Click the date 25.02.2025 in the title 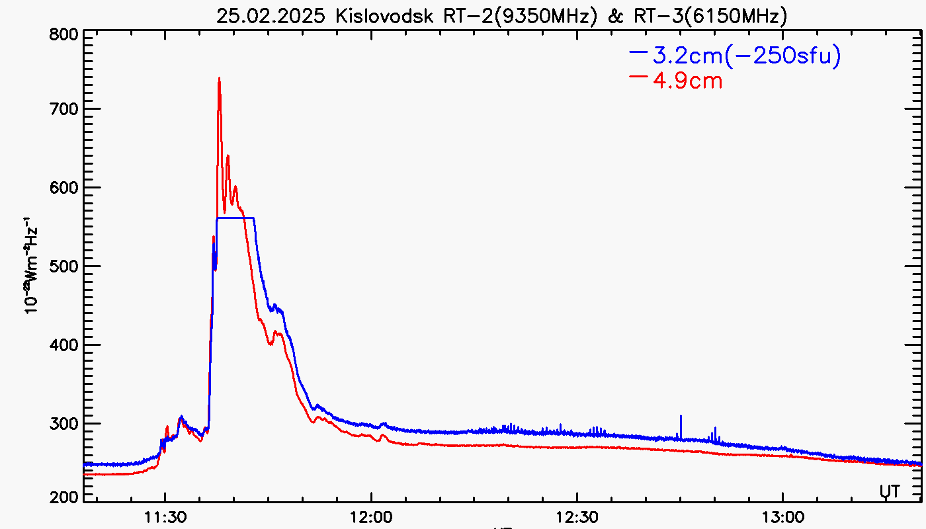coord(272,16)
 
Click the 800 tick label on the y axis coord(64,34)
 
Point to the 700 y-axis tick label coord(64,109)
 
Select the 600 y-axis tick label coord(64,188)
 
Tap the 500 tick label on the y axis coord(64,266)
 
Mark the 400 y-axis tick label coord(64,345)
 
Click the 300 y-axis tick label coord(64,424)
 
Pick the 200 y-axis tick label coord(64,497)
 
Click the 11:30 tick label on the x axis coord(165,515)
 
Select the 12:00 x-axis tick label coord(370,515)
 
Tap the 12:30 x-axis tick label coord(577,515)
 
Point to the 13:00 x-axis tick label coord(782,515)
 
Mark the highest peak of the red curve coord(219,79)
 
